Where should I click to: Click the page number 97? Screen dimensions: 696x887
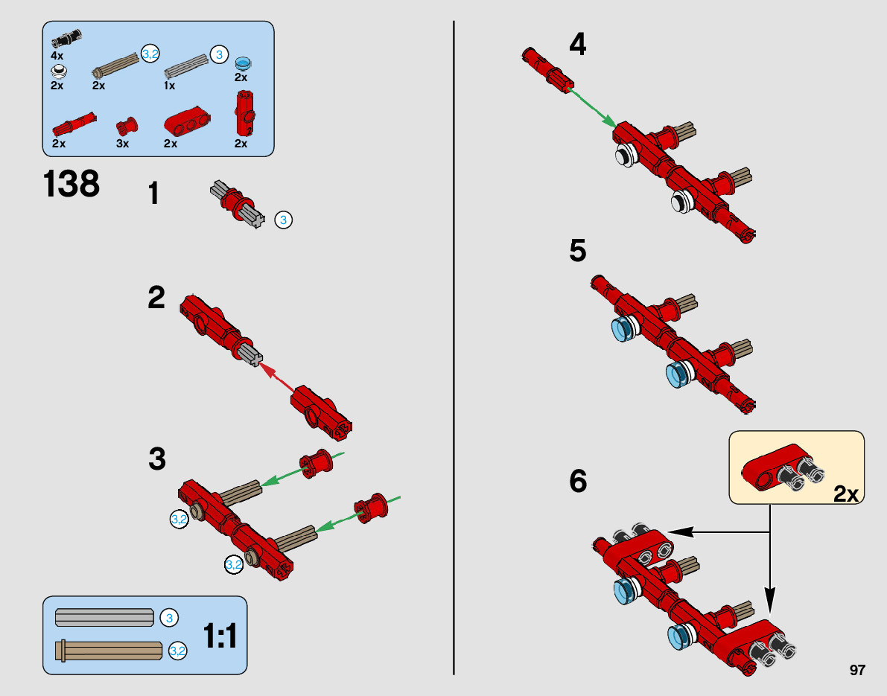[x=857, y=671]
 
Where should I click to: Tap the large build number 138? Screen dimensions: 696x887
[x=71, y=184]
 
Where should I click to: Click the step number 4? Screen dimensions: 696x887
[x=577, y=45]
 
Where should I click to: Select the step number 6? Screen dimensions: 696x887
[x=578, y=482]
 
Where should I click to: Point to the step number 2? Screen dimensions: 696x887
[x=156, y=298]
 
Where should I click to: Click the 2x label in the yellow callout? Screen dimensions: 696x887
[x=845, y=493]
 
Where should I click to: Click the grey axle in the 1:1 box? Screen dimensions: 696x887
[x=104, y=617]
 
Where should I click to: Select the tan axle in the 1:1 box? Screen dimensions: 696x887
[x=110, y=650]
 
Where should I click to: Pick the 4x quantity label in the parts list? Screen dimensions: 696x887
[x=57, y=56]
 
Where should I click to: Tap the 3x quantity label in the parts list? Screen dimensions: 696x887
[x=123, y=144]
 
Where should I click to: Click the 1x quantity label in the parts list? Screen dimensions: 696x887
[x=169, y=86]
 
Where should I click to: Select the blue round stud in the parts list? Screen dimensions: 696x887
[x=241, y=63]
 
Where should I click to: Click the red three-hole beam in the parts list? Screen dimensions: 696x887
[x=187, y=121]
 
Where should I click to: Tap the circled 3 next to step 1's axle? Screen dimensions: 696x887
[x=283, y=220]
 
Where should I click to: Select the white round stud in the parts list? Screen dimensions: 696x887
[x=59, y=71]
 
